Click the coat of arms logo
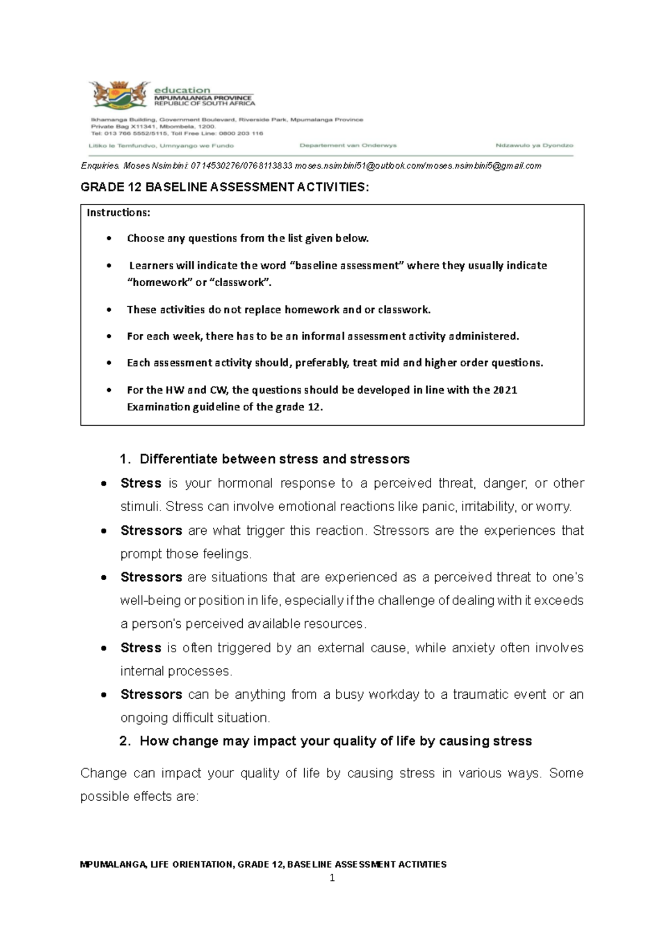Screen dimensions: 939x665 coord(119,95)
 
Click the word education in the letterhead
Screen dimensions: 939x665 coord(182,90)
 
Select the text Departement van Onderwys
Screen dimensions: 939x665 coord(347,146)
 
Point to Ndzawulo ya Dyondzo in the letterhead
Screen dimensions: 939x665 coord(534,146)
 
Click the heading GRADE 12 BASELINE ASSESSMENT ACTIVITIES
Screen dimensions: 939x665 coord(224,187)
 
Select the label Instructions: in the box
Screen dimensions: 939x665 coord(118,213)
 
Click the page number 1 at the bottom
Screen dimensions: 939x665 coord(332,878)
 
